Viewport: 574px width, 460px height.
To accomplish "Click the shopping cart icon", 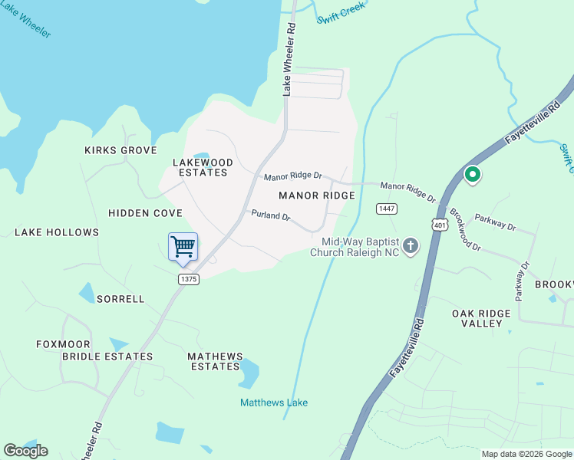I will tap(183, 247).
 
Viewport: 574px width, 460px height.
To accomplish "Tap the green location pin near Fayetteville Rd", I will tap(473, 176).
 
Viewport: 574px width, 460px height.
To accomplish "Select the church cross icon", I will tap(411, 246).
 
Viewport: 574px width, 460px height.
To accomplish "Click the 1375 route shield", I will tap(189, 279).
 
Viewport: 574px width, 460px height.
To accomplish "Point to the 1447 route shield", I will tap(386, 209).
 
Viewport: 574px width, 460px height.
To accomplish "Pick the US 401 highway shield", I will tap(440, 225).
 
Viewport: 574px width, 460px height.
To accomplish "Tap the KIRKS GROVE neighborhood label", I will tap(120, 150).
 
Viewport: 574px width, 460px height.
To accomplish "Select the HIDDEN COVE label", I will tap(145, 212).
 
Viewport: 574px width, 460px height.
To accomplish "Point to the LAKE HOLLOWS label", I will tap(57, 232).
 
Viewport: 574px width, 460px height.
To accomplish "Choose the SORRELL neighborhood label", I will tap(120, 299).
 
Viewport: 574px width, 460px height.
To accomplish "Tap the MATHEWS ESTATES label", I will tap(216, 361).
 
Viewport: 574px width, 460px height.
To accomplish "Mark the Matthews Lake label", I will tap(274, 402).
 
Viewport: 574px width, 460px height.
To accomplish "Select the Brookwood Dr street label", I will tap(464, 231).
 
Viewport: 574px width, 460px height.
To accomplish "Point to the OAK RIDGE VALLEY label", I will tap(487, 318).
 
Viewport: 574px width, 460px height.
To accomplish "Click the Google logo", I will tap(25, 451).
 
